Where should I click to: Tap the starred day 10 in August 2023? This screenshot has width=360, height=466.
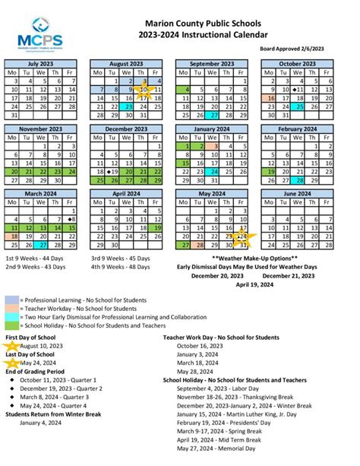point(143,89)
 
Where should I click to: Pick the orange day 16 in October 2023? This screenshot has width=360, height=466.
point(270,98)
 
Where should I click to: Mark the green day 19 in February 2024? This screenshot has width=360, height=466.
point(270,173)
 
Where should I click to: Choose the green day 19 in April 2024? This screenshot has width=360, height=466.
point(156,227)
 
